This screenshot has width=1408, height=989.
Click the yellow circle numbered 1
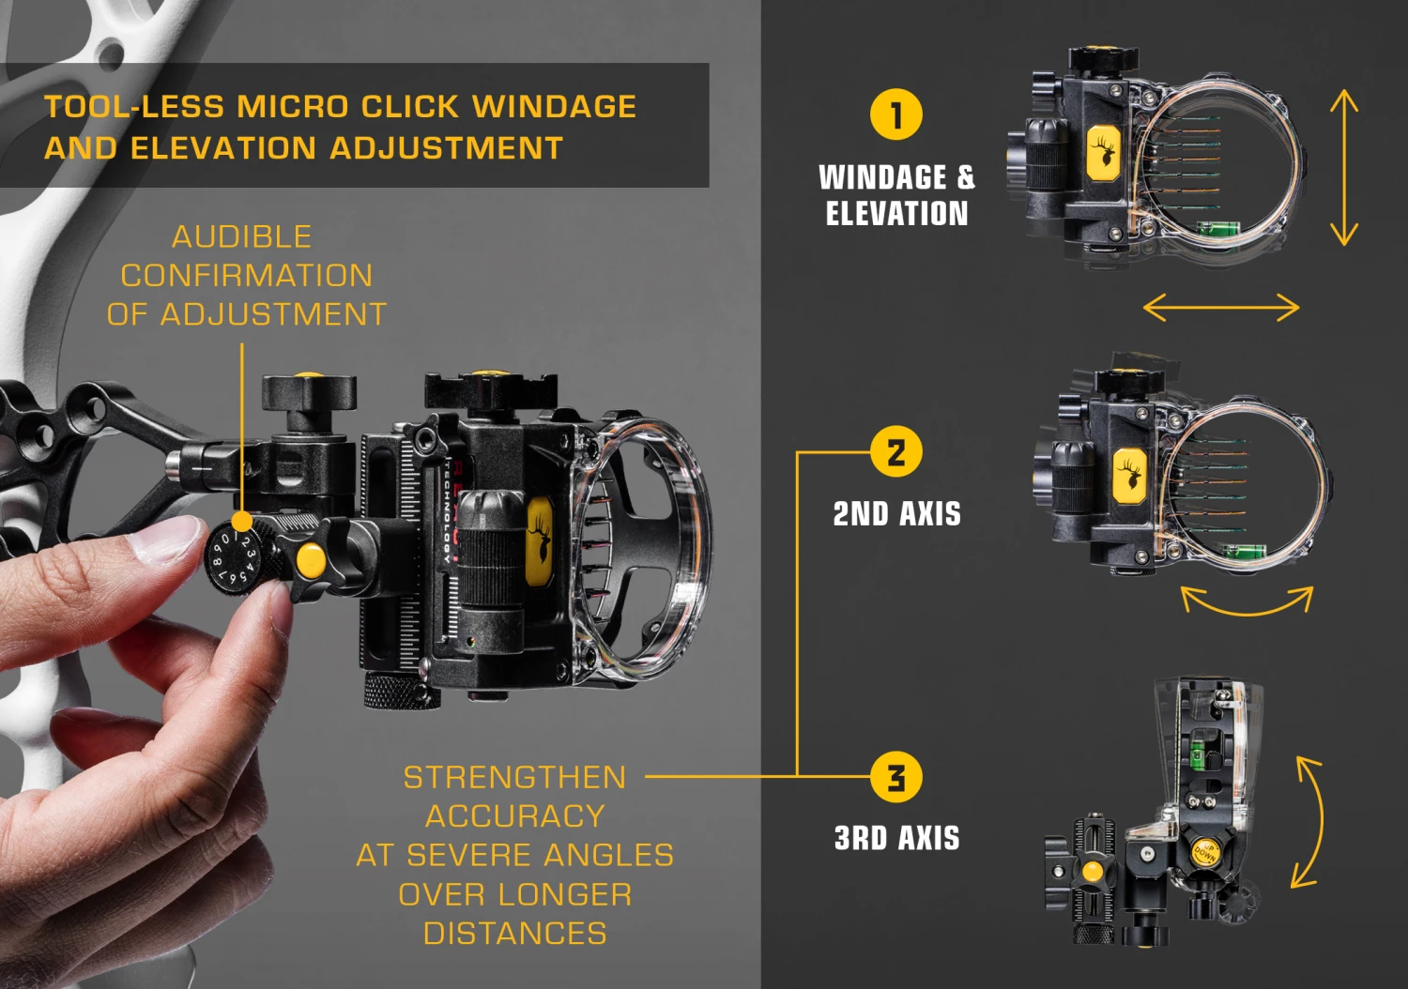point(895,114)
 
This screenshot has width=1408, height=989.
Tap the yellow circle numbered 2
point(895,452)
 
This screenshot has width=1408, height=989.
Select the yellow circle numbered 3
point(895,777)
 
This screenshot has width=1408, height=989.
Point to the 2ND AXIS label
point(896,514)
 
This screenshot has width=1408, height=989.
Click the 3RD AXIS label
point(896,838)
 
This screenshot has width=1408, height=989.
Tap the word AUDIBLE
point(242,236)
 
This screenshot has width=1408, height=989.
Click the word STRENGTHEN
point(514,777)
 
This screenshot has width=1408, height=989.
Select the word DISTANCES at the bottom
point(514,934)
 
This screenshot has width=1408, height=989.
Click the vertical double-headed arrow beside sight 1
point(1344,167)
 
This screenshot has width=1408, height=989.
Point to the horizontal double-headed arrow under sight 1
point(1220,307)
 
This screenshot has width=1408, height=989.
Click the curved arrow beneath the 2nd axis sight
point(1247,602)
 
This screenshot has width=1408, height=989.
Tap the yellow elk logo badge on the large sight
point(539,542)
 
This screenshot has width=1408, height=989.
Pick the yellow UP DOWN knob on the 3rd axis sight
point(1204,851)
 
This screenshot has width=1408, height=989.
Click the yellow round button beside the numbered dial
point(310,561)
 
